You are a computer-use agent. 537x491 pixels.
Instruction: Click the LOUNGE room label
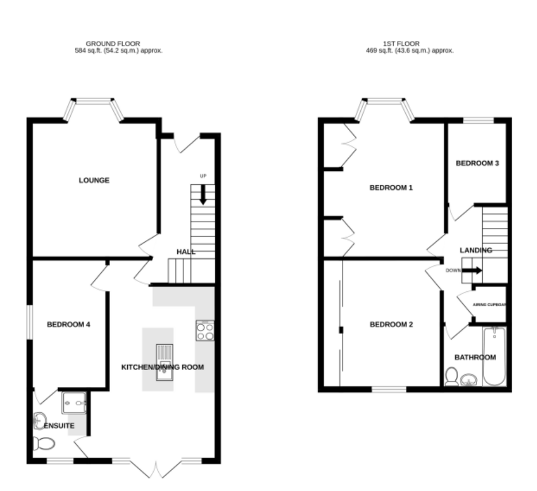[x=94, y=180]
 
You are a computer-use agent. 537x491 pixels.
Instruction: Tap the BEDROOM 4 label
[x=68, y=324]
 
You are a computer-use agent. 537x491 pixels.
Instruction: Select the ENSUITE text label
[x=59, y=425]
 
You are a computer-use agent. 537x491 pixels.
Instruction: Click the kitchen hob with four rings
[x=205, y=330]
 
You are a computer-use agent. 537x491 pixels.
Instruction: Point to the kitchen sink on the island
[x=165, y=363]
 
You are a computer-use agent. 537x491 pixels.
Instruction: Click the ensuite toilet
[x=44, y=444]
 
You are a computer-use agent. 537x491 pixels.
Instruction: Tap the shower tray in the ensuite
[x=74, y=403]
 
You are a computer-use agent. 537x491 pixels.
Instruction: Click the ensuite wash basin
[x=39, y=421]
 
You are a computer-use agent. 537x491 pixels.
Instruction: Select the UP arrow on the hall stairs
[x=203, y=195]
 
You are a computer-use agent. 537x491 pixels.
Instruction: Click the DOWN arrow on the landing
[x=473, y=271]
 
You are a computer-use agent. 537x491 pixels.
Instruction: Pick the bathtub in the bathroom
[x=494, y=356]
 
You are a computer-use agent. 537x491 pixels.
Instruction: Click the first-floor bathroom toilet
[x=452, y=376]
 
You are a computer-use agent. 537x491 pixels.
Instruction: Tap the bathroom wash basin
[x=469, y=380]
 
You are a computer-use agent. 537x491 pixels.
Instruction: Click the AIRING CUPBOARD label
[x=489, y=305]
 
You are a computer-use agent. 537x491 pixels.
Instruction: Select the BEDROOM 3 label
[x=477, y=163]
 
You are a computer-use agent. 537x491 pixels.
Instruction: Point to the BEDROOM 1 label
[x=391, y=188]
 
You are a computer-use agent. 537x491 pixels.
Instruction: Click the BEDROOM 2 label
[x=391, y=324]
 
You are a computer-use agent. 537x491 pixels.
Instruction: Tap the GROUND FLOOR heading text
[x=113, y=44]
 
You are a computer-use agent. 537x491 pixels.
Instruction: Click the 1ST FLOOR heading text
[x=401, y=44]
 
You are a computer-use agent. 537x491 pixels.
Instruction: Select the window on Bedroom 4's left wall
[x=30, y=322]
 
